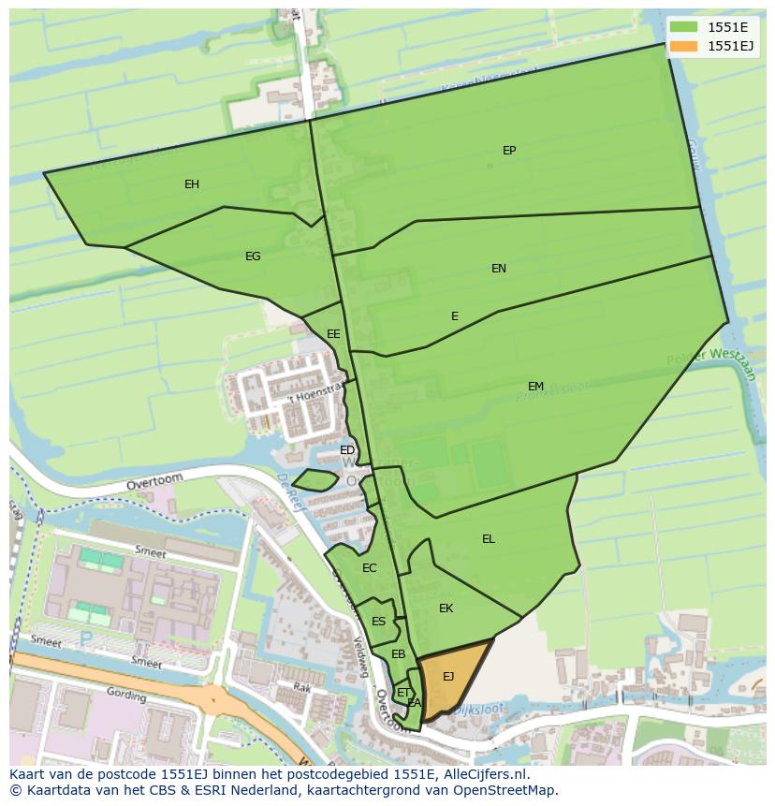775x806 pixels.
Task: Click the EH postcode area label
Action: pos(192,184)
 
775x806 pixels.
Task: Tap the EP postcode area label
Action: pos(509,151)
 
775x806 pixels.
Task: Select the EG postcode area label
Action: pos(253,256)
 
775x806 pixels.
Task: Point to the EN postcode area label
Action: pos(499,269)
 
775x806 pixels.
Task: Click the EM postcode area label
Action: pos(535,387)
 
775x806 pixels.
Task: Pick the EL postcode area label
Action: pos(489,539)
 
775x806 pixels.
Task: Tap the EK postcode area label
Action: pos(446,608)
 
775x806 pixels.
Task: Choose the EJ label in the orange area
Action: pos(448,677)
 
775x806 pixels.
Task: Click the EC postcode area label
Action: pos(369,568)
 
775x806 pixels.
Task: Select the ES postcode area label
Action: pos(378,622)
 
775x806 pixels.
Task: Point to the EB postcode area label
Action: pos(398,654)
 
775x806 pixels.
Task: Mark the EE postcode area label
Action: pos(333,334)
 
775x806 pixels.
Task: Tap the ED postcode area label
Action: pos(347,450)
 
